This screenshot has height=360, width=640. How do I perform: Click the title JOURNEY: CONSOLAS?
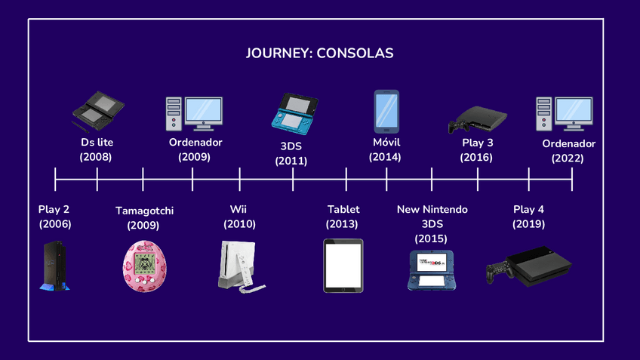click(x=320, y=54)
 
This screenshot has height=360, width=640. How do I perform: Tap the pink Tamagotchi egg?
click(x=145, y=266)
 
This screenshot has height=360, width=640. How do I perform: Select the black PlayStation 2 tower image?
click(x=54, y=266)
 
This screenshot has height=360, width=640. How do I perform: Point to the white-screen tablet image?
click(x=343, y=266)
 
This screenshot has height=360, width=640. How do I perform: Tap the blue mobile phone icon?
click(x=386, y=112)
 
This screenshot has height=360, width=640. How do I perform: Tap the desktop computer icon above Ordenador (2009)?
click(x=194, y=113)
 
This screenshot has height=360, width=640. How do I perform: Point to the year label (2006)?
click(x=54, y=224)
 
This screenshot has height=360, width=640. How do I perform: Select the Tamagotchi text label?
click(x=144, y=211)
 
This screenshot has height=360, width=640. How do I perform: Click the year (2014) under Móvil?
click(x=385, y=157)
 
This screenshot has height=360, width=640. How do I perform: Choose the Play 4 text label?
click(x=528, y=209)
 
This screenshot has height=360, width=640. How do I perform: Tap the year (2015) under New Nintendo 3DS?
click(x=431, y=238)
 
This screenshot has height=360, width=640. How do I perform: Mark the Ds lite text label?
click(x=97, y=143)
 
